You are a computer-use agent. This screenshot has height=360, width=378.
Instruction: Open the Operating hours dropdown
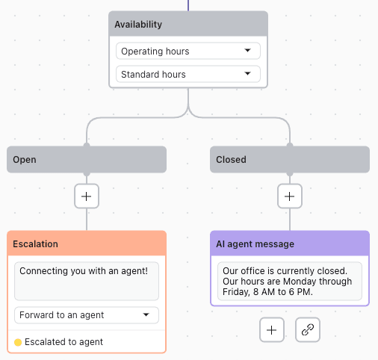(x=188, y=51)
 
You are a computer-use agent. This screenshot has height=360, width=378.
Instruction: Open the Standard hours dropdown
(x=188, y=74)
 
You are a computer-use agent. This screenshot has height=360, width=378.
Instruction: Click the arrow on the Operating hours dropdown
(x=247, y=51)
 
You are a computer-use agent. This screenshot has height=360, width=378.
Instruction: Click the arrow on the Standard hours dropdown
(x=247, y=74)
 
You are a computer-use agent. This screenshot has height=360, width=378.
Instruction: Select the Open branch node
(x=87, y=159)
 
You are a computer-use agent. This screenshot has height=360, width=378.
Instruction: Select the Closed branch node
(x=290, y=159)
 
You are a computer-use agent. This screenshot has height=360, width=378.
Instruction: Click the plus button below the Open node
(x=87, y=196)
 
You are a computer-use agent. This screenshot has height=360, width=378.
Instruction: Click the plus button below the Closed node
(x=290, y=196)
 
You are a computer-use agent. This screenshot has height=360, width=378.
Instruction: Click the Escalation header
(x=87, y=243)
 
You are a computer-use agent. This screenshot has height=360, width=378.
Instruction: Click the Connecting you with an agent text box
(x=87, y=279)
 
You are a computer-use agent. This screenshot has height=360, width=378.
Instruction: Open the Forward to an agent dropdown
(x=87, y=314)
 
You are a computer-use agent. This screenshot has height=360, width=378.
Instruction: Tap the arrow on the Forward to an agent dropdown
(x=146, y=314)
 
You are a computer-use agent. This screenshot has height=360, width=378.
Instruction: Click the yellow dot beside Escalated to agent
(x=18, y=342)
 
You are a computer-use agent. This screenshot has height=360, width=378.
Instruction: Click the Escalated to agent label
(x=63, y=342)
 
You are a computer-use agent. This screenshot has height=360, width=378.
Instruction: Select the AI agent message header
(x=290, y=243)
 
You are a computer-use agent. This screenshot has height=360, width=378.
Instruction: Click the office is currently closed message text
(x=290, y=281)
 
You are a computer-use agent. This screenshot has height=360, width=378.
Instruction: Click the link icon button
(x=308, y=329)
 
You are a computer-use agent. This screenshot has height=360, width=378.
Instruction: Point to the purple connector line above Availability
(x=188, y=4)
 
